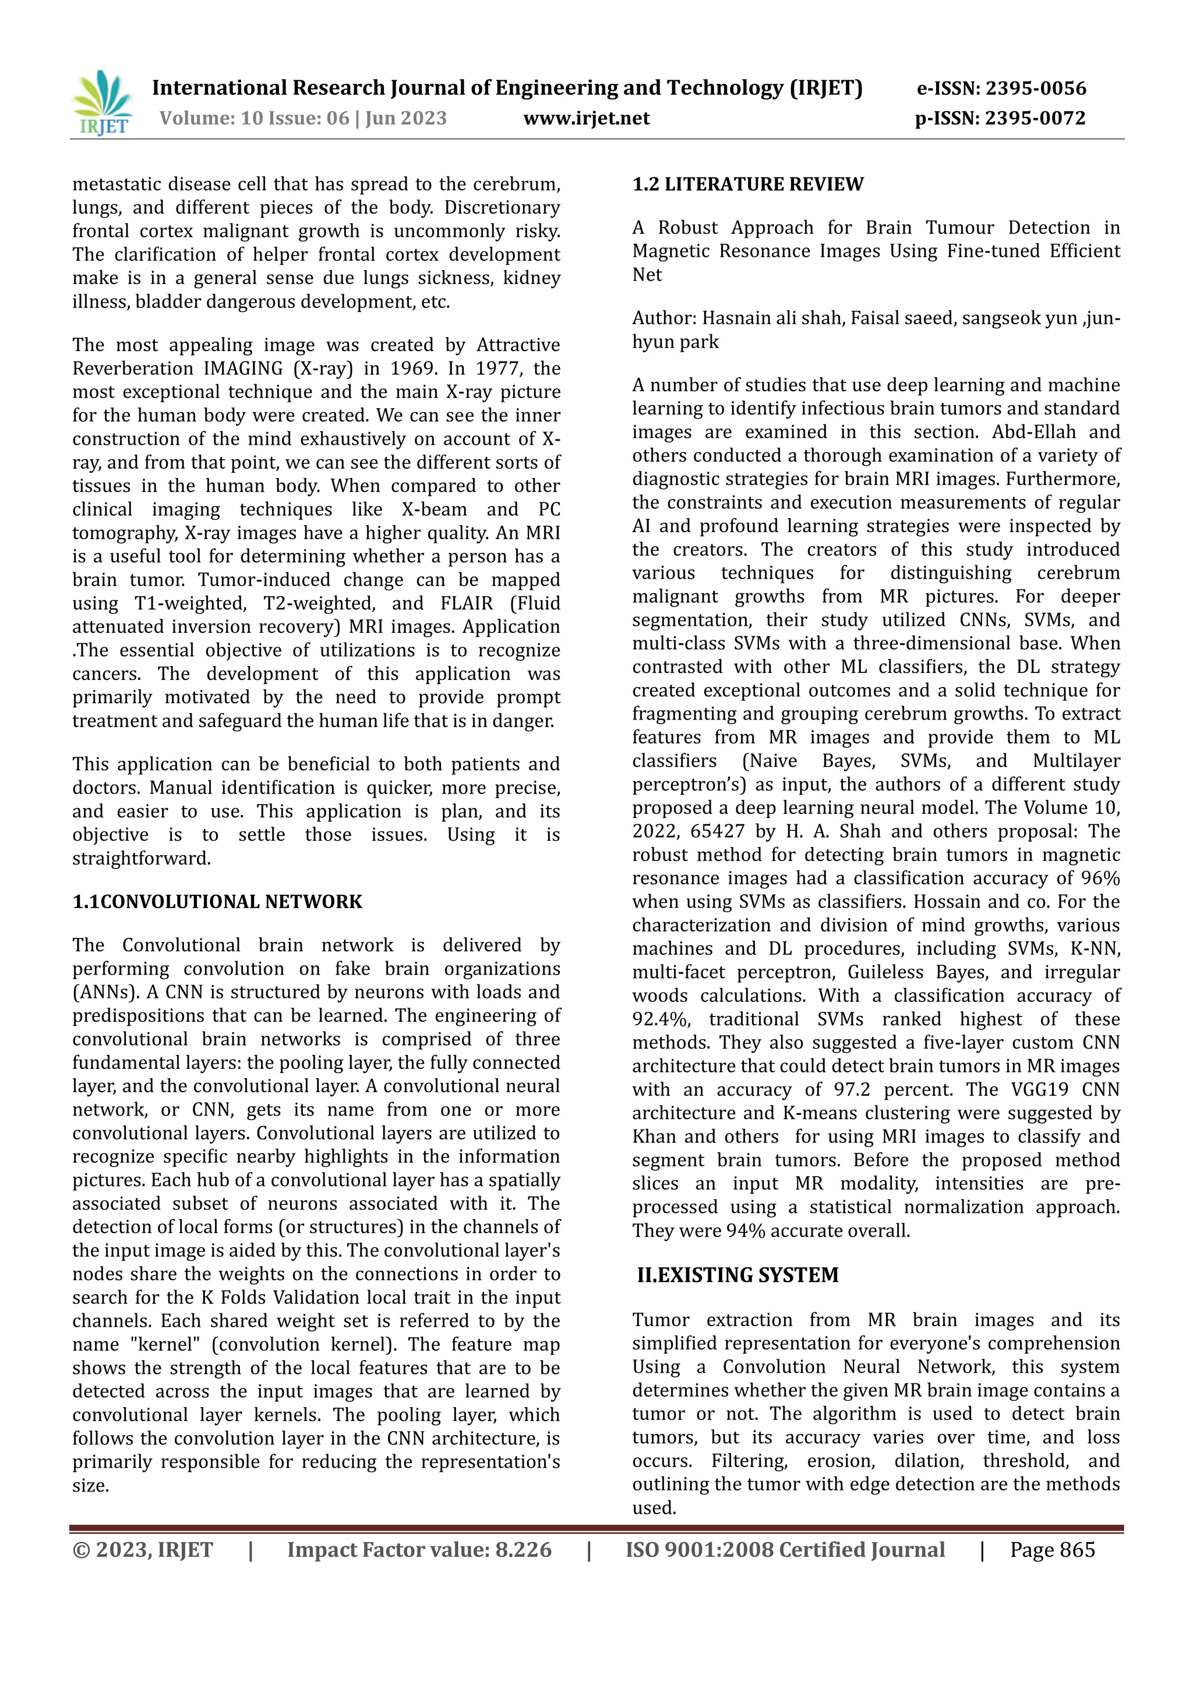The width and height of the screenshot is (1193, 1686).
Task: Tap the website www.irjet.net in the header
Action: pyautogui.click(x=586, y=118)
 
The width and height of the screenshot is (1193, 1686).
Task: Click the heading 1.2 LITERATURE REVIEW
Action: pyautogui.click(x=747, y=185)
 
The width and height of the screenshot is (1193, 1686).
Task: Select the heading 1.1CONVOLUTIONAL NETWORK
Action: pyautogui.click(x=217, y=902)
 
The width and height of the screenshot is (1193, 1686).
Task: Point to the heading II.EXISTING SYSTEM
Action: pyautogui.click(x=737, y=1275)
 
